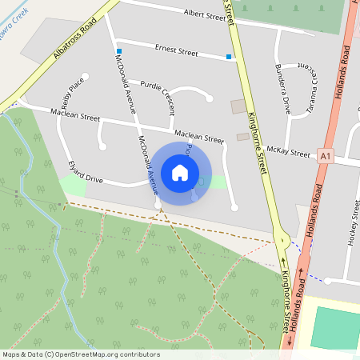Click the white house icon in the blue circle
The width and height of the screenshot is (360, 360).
click(180, 172)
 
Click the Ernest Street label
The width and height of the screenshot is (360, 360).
click(176, 51)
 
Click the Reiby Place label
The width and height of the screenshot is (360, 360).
click(72, 94)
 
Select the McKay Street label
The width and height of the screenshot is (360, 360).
click(288, 151)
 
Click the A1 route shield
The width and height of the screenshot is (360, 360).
click(324, 157)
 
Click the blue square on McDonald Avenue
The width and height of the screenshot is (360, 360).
click(118, 51)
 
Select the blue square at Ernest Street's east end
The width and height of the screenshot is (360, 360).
click(229, 57)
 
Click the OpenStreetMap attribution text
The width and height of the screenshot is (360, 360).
click(81, 354)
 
